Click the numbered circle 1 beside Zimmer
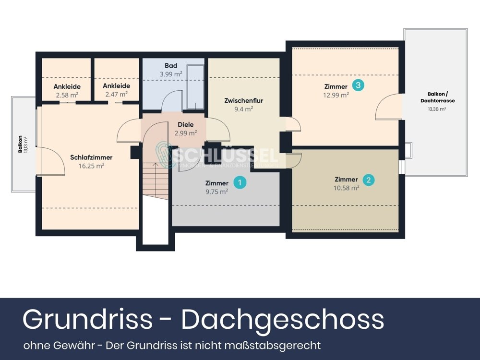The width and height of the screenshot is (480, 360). tap(240, 182)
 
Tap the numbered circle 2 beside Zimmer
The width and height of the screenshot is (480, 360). tap(368, 180)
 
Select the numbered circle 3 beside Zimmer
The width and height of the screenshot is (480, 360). tap(358, 85)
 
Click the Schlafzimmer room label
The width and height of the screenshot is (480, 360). tap(91, 157)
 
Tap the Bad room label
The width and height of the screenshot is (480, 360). tap(171, 66)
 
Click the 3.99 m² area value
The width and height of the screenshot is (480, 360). tap(171, 74)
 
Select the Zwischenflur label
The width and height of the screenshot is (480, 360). tap(244, 101)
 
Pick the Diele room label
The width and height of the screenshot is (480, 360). tap(185, 125)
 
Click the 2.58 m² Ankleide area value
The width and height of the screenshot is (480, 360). tap(67, 95)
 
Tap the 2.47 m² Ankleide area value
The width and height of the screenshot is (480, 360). tap(116, 95)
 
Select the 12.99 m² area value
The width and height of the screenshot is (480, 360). tap(336, 95)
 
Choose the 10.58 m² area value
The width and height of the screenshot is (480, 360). tap(347, 188)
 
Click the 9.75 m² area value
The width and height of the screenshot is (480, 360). tap(216, 191)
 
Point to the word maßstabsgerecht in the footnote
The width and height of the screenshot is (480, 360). tap(278, 345)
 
